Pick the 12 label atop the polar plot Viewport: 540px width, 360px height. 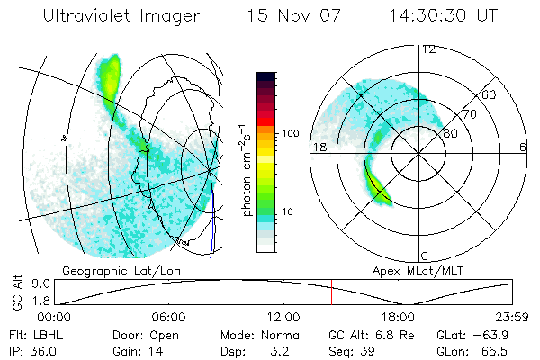(428, 49)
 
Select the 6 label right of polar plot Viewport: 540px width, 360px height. (523, 146)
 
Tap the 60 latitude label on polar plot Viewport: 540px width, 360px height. (490, 94)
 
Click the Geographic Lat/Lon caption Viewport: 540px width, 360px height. (111, 270)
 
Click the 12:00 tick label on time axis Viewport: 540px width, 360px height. (283, 317)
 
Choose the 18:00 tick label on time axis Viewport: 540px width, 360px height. (398, 317)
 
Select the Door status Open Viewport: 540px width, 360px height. (171, 333)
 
